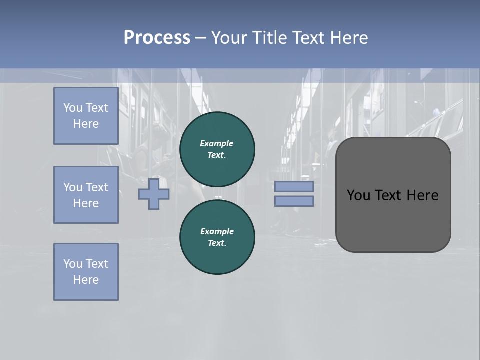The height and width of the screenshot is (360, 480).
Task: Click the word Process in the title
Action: click(x=157, y=38)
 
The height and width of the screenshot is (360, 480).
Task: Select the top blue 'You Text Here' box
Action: click(x=86, y=116)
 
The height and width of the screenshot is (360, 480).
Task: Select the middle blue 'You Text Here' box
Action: click(x=86, y=195)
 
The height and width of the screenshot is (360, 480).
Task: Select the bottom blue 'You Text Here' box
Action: click(x=86, y=271)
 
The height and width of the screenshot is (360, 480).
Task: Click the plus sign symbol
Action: click(x=153, y=194)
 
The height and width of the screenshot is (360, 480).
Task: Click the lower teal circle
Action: click(x=217, y=237)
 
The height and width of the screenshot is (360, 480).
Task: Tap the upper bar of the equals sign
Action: click(x=294, y=187)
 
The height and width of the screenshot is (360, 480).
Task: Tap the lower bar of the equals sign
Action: click(x=294, y=201)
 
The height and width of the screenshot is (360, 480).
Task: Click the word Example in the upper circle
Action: click(x=217, y=143)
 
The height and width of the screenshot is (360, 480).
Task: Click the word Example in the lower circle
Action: click(x=217, y=231)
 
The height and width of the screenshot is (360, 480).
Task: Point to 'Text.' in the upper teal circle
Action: click(x=217, y=155)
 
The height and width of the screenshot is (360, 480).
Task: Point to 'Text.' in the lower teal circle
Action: click(x=217, y=243)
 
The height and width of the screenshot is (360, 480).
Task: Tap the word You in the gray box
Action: click(x=358, y=195)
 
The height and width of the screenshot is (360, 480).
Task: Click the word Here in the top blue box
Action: click(x=86, y=124)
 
